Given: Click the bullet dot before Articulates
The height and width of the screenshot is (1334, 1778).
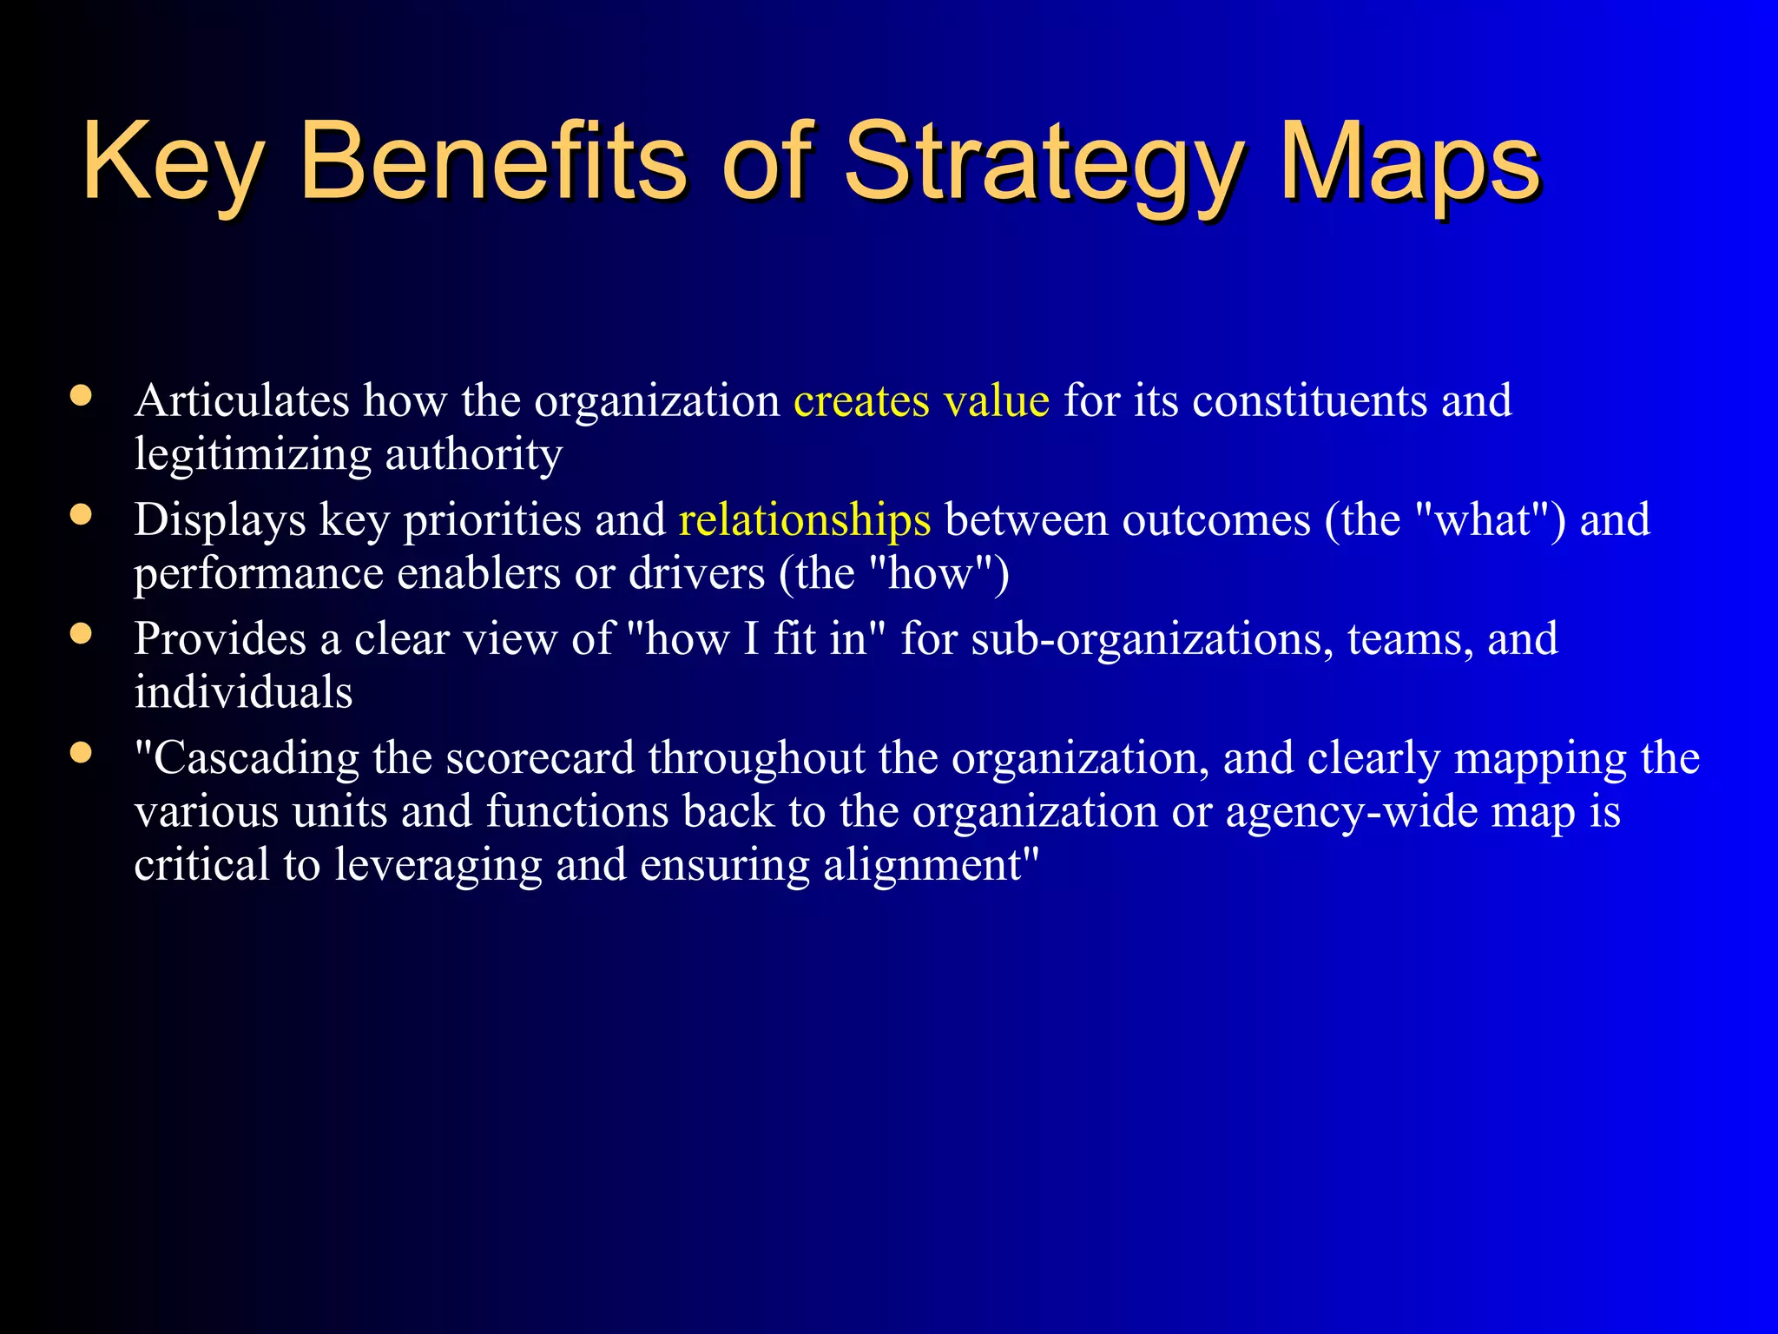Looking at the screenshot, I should tap(82, 397).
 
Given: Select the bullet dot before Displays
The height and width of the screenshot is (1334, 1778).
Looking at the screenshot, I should tap(82, 516).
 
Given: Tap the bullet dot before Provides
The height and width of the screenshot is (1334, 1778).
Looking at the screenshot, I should tap(82, 635).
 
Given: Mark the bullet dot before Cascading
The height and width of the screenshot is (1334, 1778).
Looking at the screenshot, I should tap(82, 753).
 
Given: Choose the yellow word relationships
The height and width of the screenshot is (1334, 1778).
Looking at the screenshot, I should tap(805, 521).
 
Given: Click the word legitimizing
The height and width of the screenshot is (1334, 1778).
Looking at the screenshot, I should tap(253, 455).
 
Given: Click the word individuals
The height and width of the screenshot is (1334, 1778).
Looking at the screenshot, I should tap(243, 693).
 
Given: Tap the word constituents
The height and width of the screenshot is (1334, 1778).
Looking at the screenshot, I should tap(1309, 401).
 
